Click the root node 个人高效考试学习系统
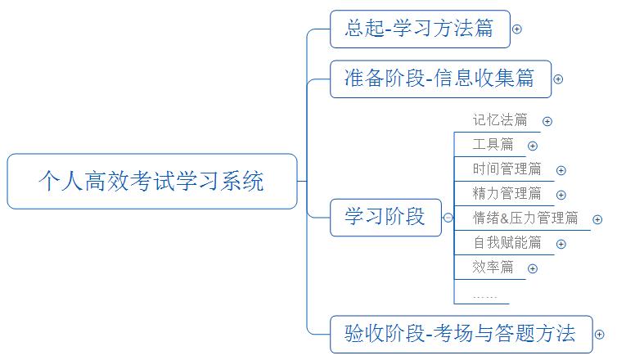152,181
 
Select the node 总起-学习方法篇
419,29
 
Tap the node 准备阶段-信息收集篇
439,79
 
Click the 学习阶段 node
385,217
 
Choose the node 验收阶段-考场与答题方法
460,333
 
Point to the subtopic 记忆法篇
499,120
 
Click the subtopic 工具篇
493,145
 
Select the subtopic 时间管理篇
507,169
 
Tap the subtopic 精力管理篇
507,194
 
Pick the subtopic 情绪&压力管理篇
525,218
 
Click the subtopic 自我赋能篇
507,242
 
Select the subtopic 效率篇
493,267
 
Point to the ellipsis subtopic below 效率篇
484,293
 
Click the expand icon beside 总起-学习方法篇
517,29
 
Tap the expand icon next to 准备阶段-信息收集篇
558,79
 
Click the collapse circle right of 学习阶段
448,218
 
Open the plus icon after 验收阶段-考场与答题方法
600,334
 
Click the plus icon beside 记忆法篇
547,121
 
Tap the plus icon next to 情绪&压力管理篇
597,218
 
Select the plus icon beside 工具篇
533,146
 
